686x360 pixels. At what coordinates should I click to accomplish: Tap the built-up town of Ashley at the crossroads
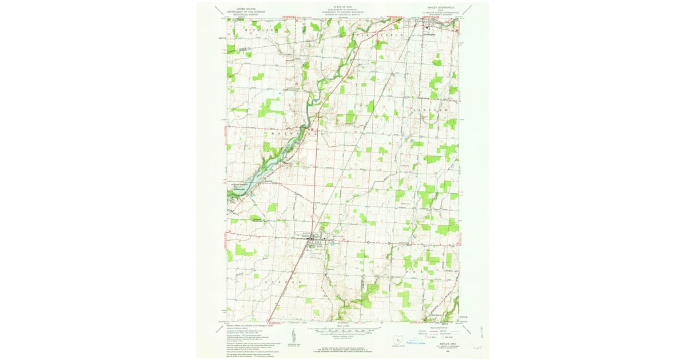click(315, 242)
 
